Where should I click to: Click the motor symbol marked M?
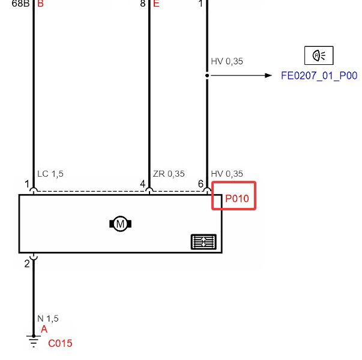(x=120, y=224)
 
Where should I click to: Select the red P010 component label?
(x=237, y=198)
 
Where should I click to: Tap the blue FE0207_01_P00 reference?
(x=319, y=76)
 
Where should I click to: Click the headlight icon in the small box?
(x=319, y=55)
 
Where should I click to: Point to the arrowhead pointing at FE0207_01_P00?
(x=268, y=76)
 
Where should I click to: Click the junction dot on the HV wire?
(x=207, y=76)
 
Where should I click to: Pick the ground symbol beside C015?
(x=34, y=341)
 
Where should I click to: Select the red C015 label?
(x=60, y=343)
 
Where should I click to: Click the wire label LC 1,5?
(x=50, y=174)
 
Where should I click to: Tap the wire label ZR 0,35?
(x=169, y=174)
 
